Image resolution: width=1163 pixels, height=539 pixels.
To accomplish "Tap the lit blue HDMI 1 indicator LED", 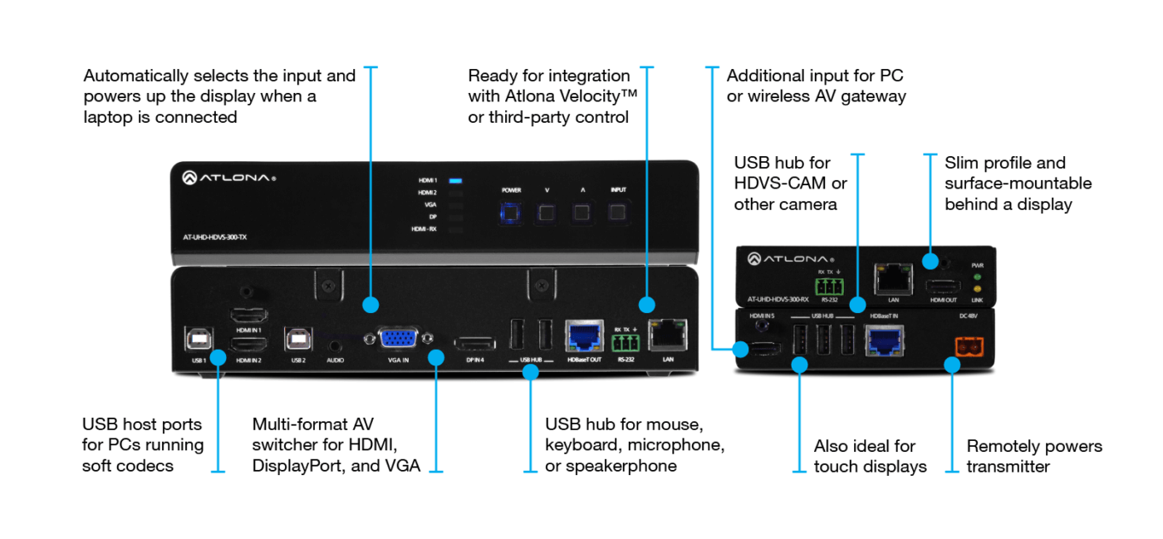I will click(455, 179).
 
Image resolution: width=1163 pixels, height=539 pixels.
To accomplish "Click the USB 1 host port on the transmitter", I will click(199, 339).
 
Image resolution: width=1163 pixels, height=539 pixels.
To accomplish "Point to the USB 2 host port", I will click(299, 339).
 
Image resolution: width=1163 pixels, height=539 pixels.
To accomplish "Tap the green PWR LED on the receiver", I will click(977, 277).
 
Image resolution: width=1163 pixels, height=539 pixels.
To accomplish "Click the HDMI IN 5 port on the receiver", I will click(762, 348).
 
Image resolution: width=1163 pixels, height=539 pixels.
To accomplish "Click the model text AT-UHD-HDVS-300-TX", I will click(214, 237).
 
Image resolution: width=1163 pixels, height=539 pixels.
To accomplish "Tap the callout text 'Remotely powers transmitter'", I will click(1033, 456).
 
